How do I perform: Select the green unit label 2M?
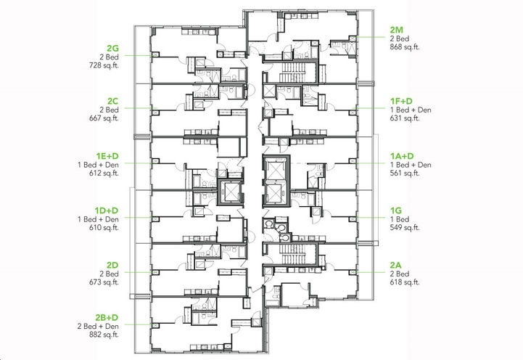click(397, 28)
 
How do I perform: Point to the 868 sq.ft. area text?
click(405, 47)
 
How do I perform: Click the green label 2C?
click(112, 100)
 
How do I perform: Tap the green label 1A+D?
click(401, 155)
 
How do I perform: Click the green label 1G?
click(395, 210)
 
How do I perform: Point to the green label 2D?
click(112, 264)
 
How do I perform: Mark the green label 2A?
click(396, 264)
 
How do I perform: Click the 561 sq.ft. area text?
click(405, 174)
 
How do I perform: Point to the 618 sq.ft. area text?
click(405, 282)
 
